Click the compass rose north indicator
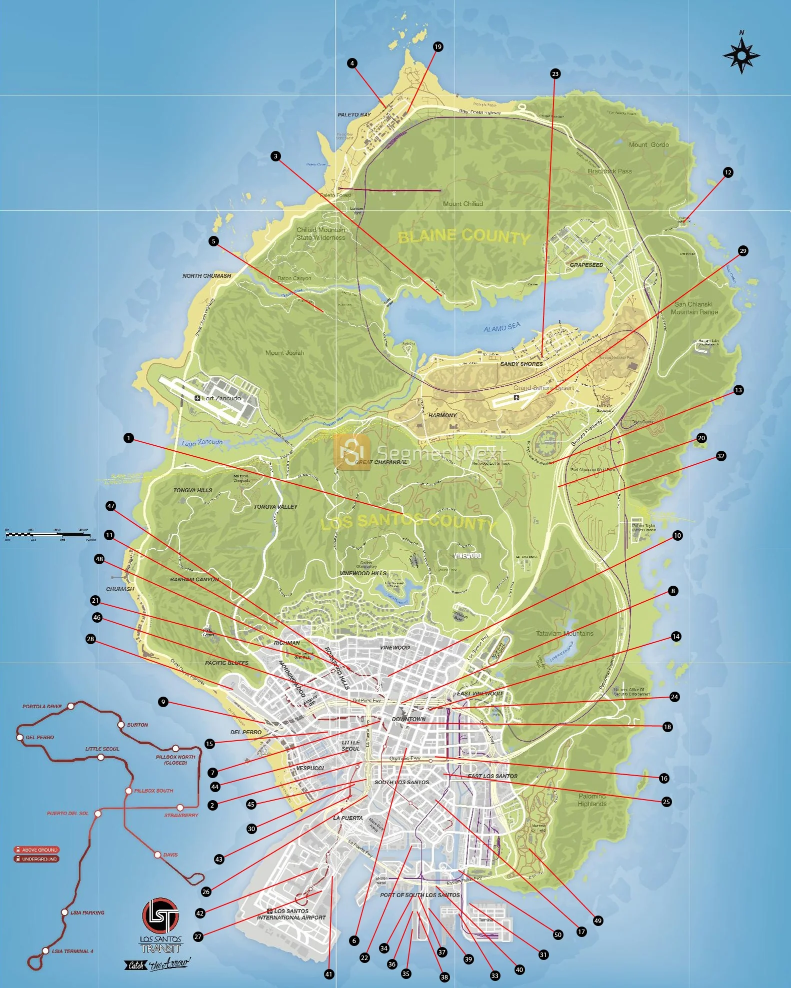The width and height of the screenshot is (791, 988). pyautogui.click(x=741, y=54)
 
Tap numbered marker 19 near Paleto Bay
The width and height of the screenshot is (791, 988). pyautogui.click(x=438, y=47)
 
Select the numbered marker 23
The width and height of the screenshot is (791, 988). pyautogui.click(x=555, y=74)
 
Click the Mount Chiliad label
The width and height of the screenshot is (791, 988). pyautogui.click(x=462, y=204)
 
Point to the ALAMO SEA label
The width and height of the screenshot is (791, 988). pyautogui.click(x=502, y=327)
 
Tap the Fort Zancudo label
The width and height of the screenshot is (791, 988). pyautogui.click(x=221, y=398)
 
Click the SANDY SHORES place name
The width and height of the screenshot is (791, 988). pyautogui.click(x=521, y=364)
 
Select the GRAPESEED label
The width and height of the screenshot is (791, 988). pyautogui.click(x=586, y=265)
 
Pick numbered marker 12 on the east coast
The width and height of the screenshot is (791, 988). pyautogui.click(x=728, y=172)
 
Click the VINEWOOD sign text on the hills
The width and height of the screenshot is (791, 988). pyautogui.click(x=467, y=556)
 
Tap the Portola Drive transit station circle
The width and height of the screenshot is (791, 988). pyautogui.click(x=71, y=706)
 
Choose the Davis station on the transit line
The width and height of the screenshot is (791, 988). pyautogui.click(x=157, y=855)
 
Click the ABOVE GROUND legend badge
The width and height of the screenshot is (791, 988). pyautogui.click(x=36, y=850)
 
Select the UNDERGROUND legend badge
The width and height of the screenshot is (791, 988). pyautogui.click(x=36, y=859)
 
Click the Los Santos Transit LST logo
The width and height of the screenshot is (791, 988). pyautogui.click(x=160, y=915)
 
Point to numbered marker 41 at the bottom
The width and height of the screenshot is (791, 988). pyautogui.click(x=328, y=974)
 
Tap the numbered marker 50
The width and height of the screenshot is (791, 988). pyautogui.click(x=558, y=935)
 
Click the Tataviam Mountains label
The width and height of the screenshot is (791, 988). pyautogui.click(x=564, y=634)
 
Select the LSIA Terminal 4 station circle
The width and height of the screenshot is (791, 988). pyautogui.click(x=45, y=951)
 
